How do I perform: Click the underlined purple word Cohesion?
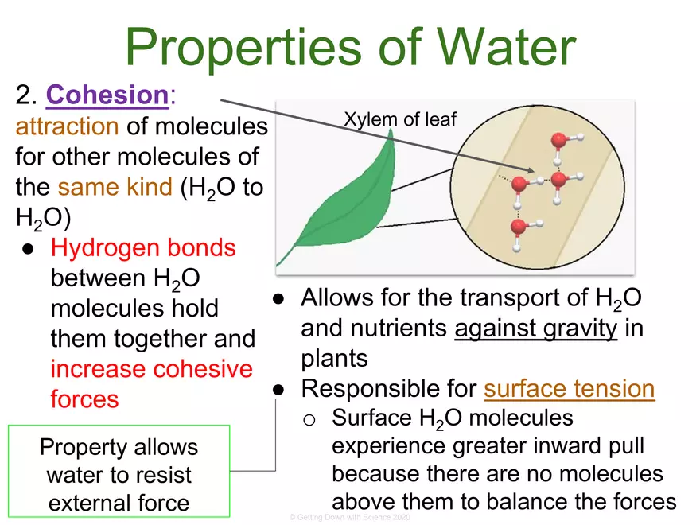tap(107, 95)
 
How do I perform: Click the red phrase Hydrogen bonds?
tap(143, 248)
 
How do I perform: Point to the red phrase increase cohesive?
tap(151, 369)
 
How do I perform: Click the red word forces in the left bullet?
tap(84, 399)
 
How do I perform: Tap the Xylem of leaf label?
tap(400, 119)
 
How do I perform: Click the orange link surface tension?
tap(569, 389)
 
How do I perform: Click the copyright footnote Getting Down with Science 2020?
tap(349, 517)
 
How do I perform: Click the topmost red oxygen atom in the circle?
tap(559, 142)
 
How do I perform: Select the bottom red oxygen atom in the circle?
tap(519, 227)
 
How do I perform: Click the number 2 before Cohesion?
tap(23, 95)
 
